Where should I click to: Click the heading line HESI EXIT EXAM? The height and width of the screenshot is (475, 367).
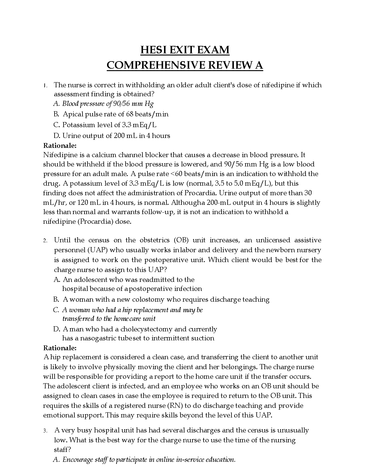(185, 50)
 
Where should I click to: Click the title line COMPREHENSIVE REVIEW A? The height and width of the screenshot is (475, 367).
(185, 65)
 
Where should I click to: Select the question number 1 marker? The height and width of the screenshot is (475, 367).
(45, 85)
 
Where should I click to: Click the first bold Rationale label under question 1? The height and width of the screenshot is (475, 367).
(60, 145)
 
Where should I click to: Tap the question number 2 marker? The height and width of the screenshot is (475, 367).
(45, 240)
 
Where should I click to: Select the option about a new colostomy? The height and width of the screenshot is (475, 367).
(166, 299)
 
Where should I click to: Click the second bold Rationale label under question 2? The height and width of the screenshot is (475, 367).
(60, 348)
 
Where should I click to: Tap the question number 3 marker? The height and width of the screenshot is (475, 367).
(45, 431)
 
